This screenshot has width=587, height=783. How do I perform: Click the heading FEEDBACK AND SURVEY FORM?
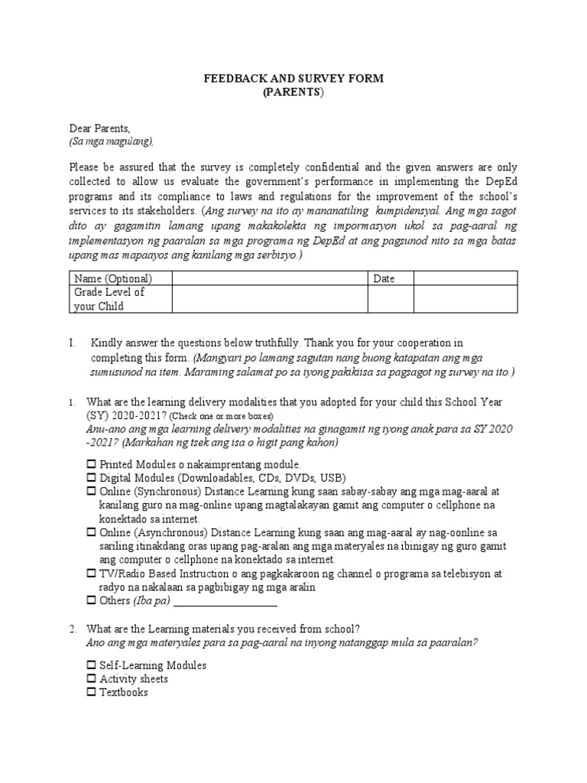[293, 79]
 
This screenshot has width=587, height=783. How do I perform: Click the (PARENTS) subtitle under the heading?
[293, 92]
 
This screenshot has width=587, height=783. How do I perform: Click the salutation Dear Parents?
[100, 128]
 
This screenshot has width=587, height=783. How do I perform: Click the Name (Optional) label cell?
[113, 279]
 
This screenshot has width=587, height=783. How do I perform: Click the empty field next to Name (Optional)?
[270, 279]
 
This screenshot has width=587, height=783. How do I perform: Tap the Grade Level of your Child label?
[109, 300]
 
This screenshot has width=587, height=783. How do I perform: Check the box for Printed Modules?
[92, 464]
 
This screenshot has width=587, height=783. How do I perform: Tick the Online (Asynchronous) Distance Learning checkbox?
[92, 532]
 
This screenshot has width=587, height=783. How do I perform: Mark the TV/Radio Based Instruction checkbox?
[92, 573]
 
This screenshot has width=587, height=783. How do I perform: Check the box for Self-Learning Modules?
[92, 665]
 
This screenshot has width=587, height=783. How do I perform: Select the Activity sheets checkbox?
[92, 679]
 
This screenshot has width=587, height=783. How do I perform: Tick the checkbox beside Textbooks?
[92, 693]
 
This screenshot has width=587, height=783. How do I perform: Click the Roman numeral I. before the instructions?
[72, 343]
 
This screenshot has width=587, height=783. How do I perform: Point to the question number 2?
[72, 629]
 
